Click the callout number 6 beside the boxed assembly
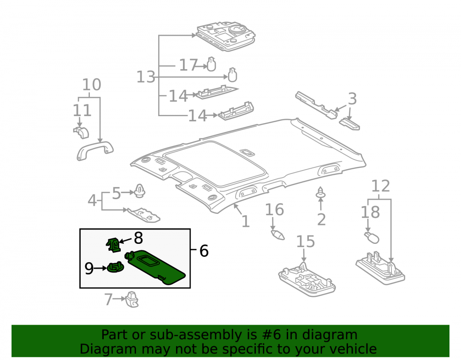click(x=204, y=251)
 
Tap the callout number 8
click(x=138, y=238)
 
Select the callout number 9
click(x=89, y=268)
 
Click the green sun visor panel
click(x=156, y=267)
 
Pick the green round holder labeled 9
click(x=115, y=267)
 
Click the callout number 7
click(x=108, y=299)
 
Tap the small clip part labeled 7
click(x=132, y=299)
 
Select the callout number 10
click(x=91, y=85)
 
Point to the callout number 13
click(x=146, y=77)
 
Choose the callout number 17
click(x=189, y=65)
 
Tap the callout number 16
click(x=274, y=210)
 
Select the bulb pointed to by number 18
click(x=372, y=237)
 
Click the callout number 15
click(x=306, y=242)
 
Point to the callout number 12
click(x=381, y=186)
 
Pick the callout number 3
click(x=353, y=99)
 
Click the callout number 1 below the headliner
click(x=246, y=222)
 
